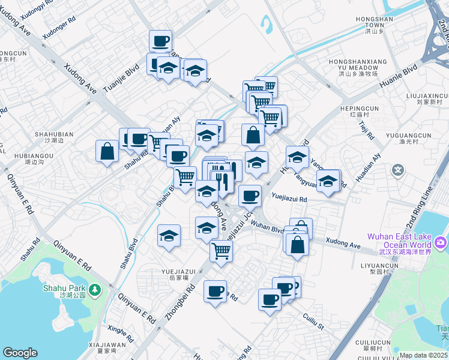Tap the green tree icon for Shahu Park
point(95,290)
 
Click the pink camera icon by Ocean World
point(441,242)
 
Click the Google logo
point(20,353)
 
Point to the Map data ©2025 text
point(423,356)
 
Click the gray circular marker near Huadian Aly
point(398,171)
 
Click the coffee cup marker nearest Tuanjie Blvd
point(160,41)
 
